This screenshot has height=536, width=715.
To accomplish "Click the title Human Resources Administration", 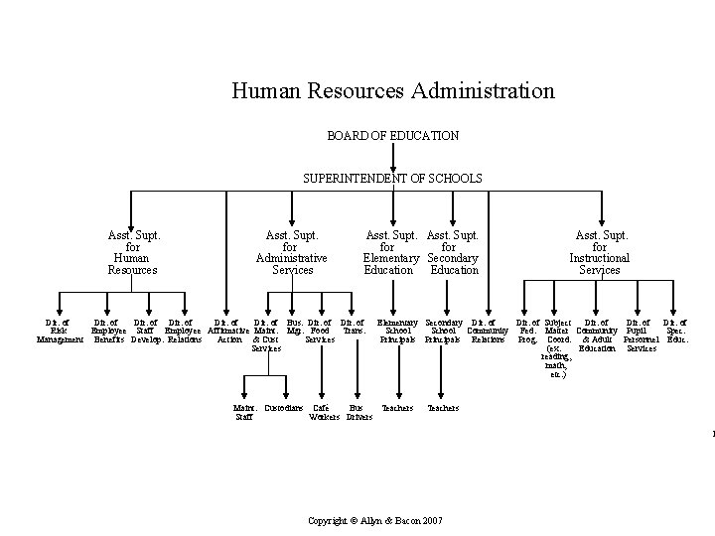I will [x=392, y=91].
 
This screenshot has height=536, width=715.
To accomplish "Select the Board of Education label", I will [x=392, y=135].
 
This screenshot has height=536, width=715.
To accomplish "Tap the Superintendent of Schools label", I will [x=392, y=179].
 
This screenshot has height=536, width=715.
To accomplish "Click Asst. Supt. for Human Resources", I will [x=133, y=253].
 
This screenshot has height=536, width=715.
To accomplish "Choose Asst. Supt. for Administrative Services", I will [x=291, y=253].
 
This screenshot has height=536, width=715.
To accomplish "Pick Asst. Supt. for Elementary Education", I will [x=388, y=253].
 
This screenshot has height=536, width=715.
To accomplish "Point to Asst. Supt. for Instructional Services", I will [x=600, y=253].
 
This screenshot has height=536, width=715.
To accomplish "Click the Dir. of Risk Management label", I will [x=60, y=332].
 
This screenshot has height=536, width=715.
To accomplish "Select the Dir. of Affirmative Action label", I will [x=227, y=332].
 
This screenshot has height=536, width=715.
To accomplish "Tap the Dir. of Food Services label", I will [x=320, y=332].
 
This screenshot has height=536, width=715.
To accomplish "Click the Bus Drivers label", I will [x=358, y=413].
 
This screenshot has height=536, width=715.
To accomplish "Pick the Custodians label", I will [x=284, y=408].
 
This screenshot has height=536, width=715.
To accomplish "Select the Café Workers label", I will [x=323, y=413].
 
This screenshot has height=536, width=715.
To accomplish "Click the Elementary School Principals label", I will [x=397, y=332].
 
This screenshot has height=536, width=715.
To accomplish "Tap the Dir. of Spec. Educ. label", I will [x=675, y=332].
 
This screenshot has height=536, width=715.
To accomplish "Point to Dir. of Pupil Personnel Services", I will [x=641, y=335].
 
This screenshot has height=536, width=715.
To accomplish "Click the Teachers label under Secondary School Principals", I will [x=443, y=408].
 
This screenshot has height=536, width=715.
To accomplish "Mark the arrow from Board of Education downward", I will [x=393, y=156].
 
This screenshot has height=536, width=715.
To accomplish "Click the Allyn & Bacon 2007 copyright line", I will [x=375, y=521].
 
